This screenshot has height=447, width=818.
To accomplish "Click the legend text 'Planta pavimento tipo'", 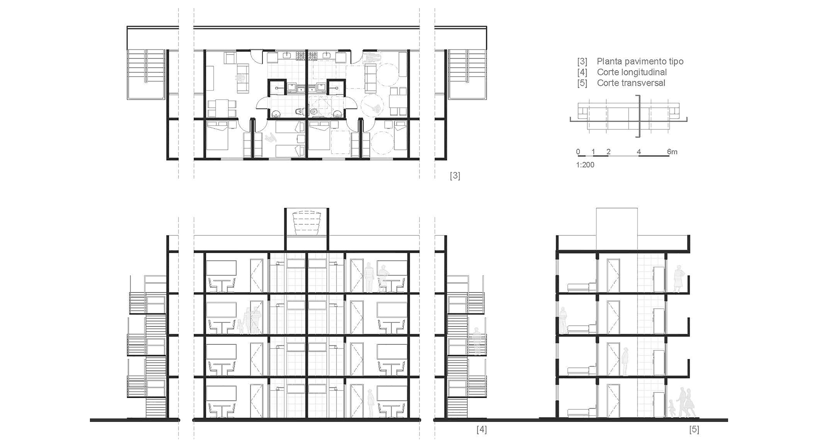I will click(640, 61).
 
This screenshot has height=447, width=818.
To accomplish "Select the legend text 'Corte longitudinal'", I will click(631, 72).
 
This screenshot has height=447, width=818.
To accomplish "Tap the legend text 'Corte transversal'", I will click(631, 83).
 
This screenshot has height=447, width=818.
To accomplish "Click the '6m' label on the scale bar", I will click(672, 152).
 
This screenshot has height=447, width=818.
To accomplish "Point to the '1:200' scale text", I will click(585, 165).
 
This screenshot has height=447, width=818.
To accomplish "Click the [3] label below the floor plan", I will click(455, 175).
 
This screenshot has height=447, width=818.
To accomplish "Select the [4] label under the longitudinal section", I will click(481, 430).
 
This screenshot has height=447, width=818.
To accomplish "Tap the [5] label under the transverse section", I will click(694, 430).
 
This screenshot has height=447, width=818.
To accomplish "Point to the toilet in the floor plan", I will click(300, 112).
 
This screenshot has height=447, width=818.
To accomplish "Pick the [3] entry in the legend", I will click(582, 61).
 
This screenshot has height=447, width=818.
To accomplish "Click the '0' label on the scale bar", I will click(578, 152).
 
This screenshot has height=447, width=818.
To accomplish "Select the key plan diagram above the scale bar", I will click(628, 116).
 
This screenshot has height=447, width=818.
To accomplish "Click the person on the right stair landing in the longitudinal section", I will click(477, 341).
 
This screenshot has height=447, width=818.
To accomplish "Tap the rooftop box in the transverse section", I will click(616, 228).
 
